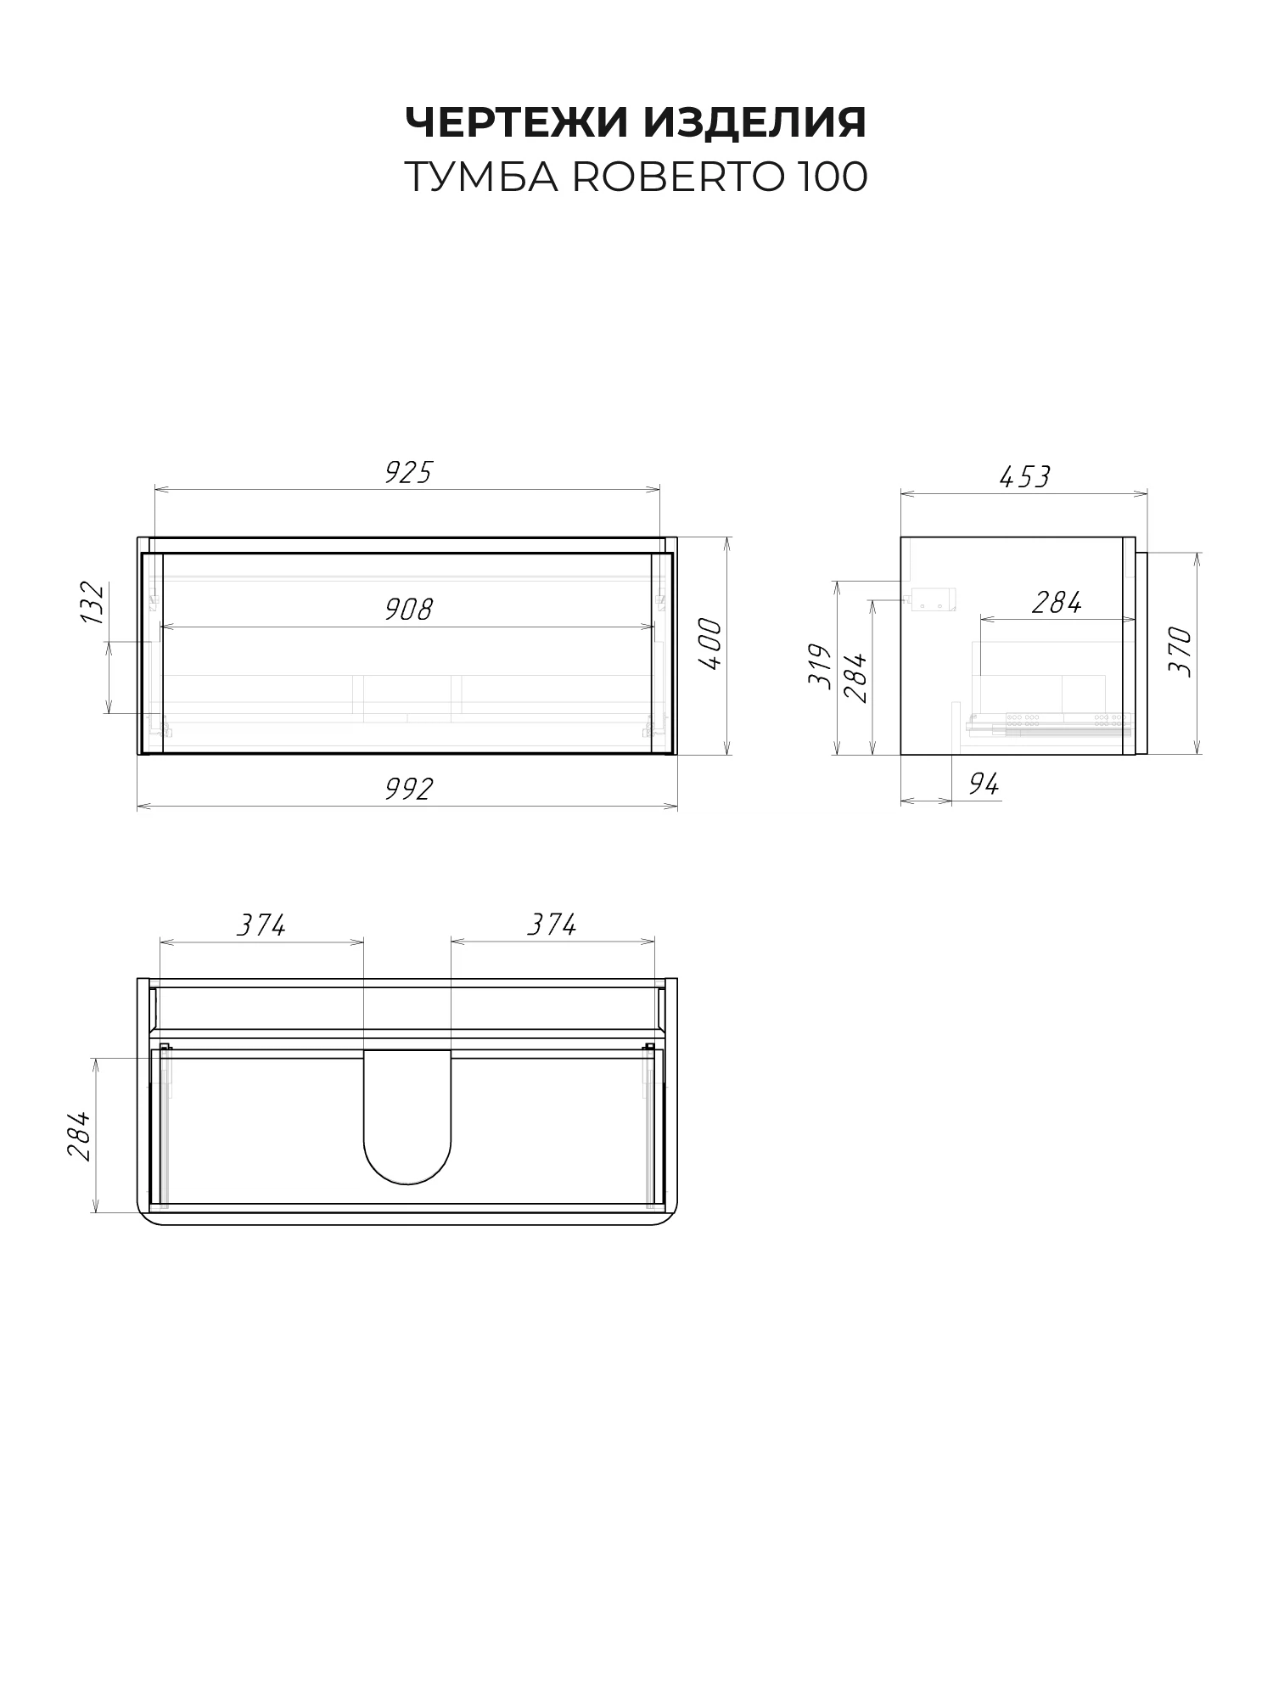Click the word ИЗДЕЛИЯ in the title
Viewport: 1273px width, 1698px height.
pos(755,122)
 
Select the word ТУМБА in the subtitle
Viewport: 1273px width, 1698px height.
pos(481,177)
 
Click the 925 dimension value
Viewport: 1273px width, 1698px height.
pos(408,472)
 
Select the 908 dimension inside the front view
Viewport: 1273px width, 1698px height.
pos(408,609)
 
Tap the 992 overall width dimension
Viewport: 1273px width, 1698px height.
pos(408,789)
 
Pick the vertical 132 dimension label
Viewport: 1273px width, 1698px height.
pos(92,603)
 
